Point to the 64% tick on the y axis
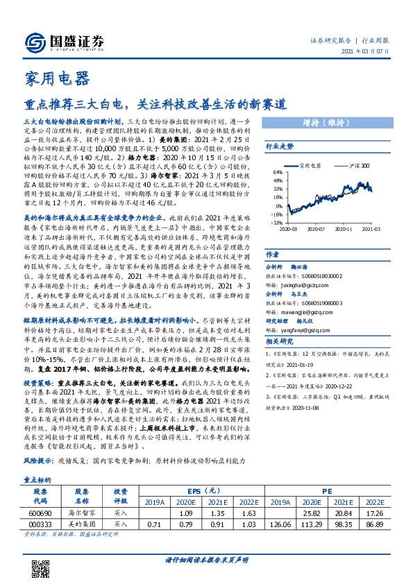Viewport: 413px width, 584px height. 277,171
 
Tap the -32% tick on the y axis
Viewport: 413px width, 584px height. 276,223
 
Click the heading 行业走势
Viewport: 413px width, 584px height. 280,146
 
